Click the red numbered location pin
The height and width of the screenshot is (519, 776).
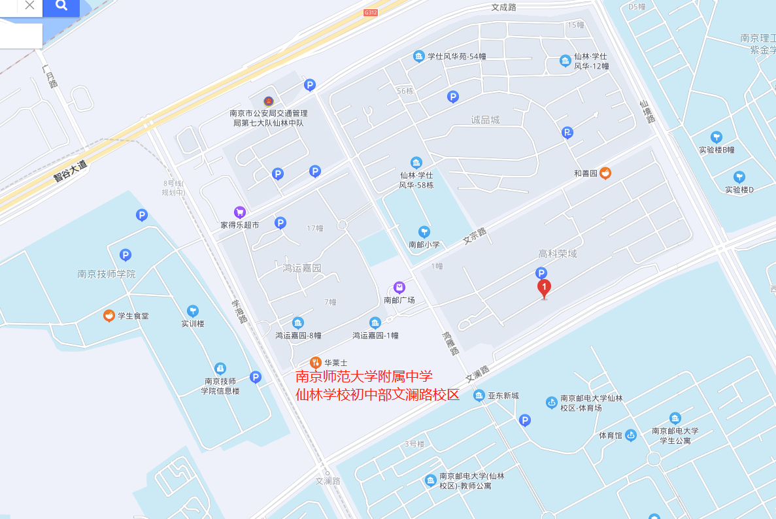543,288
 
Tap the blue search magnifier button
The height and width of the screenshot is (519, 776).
61,6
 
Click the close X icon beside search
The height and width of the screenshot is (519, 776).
29,5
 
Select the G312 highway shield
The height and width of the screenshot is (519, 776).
371,12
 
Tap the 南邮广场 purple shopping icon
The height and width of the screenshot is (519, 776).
399,288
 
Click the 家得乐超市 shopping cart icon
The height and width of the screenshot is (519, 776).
239,212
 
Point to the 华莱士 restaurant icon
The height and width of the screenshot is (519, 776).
314,363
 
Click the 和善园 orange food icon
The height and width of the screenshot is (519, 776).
605,173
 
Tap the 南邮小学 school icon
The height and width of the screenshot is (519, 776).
424,232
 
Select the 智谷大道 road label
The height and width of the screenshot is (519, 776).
70,170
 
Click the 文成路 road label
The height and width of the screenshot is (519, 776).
503,7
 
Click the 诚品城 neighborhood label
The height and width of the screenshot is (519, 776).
485,120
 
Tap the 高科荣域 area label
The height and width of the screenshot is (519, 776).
557,254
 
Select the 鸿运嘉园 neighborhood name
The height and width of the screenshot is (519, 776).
302,268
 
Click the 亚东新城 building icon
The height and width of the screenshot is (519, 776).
479,395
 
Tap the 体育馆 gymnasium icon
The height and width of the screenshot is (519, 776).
631,435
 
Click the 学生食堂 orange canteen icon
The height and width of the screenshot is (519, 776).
109,316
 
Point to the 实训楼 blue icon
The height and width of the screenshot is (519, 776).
192,310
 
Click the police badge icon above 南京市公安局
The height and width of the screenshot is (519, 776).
268,101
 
